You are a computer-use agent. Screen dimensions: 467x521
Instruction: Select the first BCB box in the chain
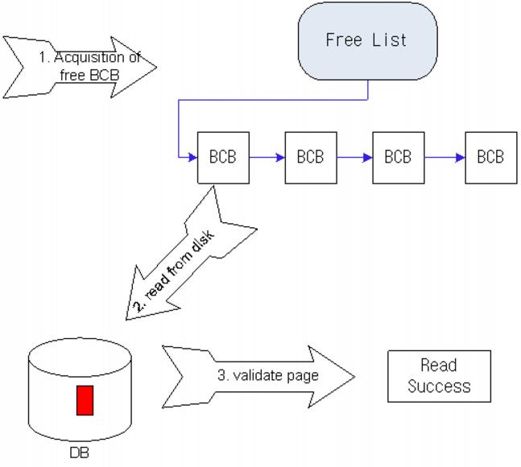[x=223, y=157]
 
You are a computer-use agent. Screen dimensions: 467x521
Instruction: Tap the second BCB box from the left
[x=310, y=157]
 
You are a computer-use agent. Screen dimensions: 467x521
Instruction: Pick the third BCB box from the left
[x=398, y=157]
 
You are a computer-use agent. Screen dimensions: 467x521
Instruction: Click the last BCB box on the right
[x=490, y=157]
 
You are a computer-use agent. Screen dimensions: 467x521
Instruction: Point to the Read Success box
[x=439, y=376]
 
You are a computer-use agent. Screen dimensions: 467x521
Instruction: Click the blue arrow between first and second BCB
[x=267, y=157]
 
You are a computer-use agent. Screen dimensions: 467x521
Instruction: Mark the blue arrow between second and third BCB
[x=354, y=157]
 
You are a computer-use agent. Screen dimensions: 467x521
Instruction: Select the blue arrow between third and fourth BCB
[x=444, y=157]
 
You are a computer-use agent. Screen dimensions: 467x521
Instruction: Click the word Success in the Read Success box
[x=439, y=386]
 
